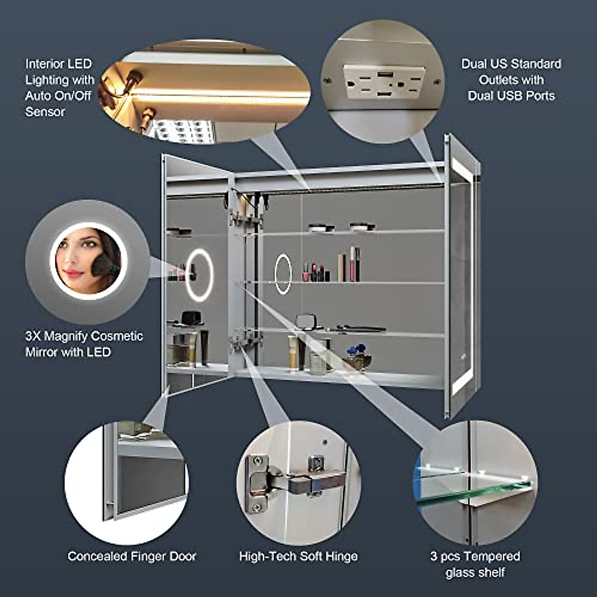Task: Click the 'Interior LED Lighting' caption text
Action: click(x=59, y=88)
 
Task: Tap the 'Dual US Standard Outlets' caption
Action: click(x=511, y=80)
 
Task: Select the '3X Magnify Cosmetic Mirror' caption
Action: click(x=84, y=344)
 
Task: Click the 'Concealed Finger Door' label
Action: click(x=132, y=556)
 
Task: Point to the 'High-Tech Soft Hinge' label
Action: click(x=298, y=556)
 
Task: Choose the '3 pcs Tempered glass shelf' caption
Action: click(x=475, y=564)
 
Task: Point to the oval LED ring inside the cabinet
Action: click(x=283, y=274)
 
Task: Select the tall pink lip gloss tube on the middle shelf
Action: click(x=353, y=264)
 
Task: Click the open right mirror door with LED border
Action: click(x=461, y=276)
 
